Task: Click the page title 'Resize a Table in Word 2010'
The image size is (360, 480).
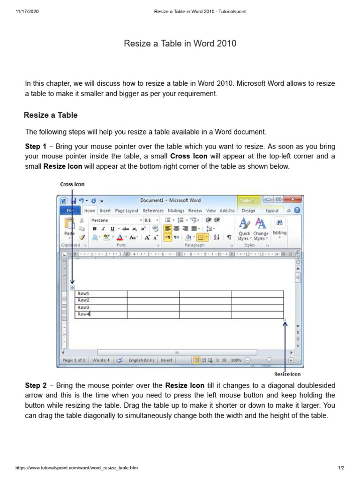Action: pos(180,44)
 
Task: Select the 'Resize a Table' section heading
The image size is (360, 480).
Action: pos(51,115)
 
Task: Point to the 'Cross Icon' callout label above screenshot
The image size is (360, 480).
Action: pos(72,184)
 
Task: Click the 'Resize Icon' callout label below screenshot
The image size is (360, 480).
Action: pos(287,374)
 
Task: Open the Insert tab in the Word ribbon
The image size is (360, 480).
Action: pos(105,211)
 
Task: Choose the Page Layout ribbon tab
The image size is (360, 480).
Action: pos(127,211)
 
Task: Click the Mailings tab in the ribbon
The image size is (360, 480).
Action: pos(176,211)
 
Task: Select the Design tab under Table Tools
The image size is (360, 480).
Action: pos(248,211)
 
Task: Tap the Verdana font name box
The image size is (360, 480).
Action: pos(115,220)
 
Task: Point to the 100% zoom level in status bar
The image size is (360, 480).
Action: pos(236,360)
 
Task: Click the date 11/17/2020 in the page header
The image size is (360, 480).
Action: pos(26,12)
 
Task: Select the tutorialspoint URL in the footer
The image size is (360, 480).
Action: pos(77,468)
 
